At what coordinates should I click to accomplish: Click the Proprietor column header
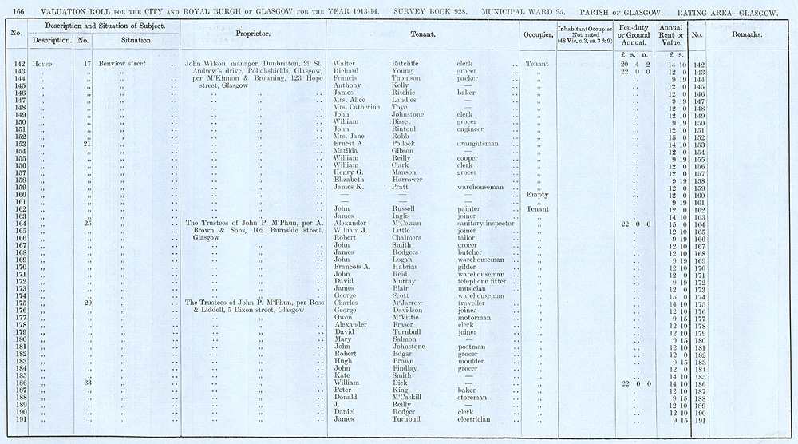click(253, 35)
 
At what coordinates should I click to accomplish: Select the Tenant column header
click(422, 35)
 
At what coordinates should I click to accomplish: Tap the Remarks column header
click(747, 35)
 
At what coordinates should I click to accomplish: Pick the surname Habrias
click(405, 267)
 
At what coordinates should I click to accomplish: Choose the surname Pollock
click(406, 144)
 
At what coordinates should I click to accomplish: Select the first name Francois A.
click(351, 267)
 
